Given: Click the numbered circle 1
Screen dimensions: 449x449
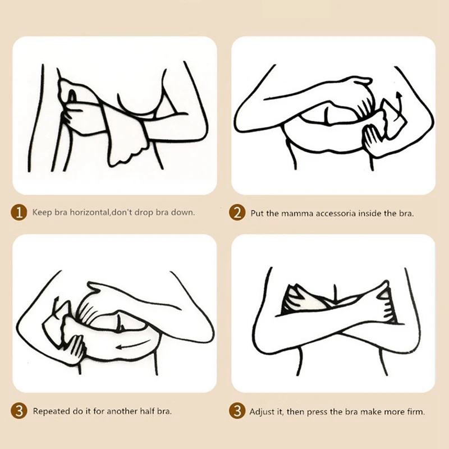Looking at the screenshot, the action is pyautogui.click(x=19, y=212).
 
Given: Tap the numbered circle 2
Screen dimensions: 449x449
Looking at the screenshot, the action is pyautogui.click(x=237, y=212).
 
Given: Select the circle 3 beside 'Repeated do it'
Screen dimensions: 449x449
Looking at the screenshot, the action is pyautogui.click(x=19, y=411).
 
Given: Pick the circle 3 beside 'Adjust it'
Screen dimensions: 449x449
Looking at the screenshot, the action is pyautogui.click(x=237, y=411).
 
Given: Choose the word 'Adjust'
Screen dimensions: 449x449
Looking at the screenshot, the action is pyautogui.click(x=262, y=412).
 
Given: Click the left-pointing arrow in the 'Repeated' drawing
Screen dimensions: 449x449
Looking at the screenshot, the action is pyautogui.click(x=132, y=344).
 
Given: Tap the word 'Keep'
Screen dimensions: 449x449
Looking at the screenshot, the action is pyautogui.click(x=42, y=213).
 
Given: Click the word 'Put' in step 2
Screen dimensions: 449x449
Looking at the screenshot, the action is pyautogui.click(x=257, y=214).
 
